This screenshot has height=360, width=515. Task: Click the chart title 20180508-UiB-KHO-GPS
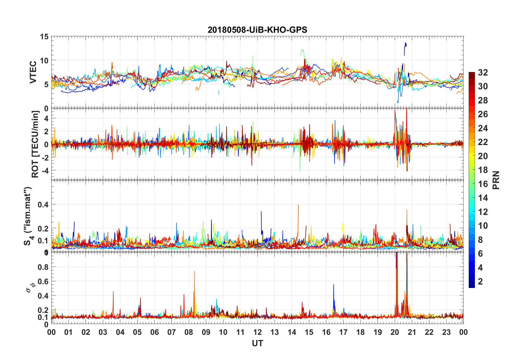(257, 30)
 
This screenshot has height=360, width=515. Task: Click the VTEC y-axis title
(33, 72)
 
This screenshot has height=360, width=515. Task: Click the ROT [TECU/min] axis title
(35, 144)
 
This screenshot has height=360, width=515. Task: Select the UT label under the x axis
(257, 343)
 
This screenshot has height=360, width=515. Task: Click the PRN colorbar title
(496, 180)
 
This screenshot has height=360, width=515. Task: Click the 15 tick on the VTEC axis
(44, 37)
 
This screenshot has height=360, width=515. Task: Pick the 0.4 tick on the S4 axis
(43, 205)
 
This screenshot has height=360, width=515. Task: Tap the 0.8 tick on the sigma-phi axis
(43, 267)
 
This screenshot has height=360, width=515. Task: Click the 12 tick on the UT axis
(257, 332)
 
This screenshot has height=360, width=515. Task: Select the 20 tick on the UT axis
(395, 332)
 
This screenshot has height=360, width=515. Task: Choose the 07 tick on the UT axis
(171, 332)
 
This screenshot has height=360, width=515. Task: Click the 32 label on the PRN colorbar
(483, 73)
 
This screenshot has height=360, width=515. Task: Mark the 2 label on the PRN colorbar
(480, 282)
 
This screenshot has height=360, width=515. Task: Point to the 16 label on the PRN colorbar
(483, 184)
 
